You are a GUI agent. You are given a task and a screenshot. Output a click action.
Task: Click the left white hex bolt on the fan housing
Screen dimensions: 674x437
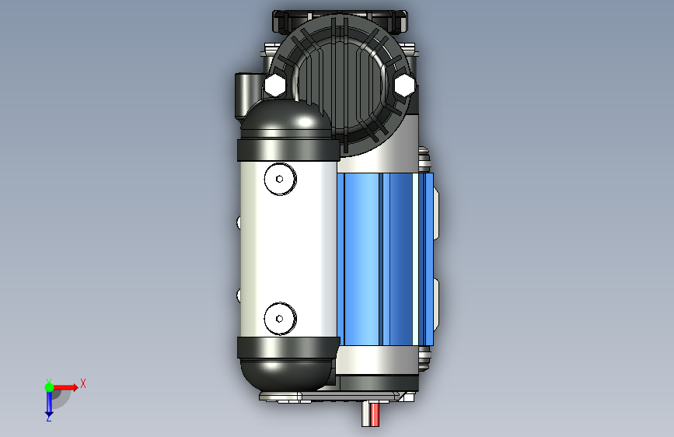pos(274,85)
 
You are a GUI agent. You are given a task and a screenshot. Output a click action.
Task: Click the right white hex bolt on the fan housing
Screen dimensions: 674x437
pos(404,85)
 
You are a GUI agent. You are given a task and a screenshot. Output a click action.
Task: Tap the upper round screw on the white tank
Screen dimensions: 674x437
pos(281,179)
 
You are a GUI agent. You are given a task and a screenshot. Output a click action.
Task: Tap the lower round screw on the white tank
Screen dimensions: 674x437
pos(281,319)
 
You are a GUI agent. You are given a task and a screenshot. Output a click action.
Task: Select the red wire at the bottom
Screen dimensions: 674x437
pos(375,414)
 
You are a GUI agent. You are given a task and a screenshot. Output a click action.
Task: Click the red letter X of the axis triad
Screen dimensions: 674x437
pos(83,383)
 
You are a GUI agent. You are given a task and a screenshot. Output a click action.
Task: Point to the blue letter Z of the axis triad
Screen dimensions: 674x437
pos(49,418)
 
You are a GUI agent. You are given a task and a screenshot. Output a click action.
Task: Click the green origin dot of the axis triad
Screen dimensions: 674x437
pos(49,387)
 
